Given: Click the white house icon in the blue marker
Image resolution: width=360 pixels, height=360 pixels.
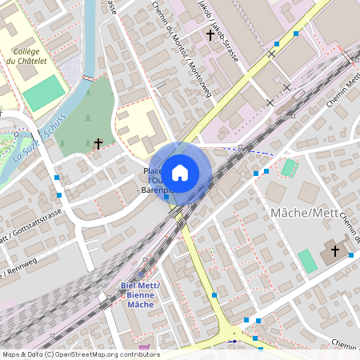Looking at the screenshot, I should (180, 172).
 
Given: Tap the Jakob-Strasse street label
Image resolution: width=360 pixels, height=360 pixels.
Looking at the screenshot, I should (217, 24).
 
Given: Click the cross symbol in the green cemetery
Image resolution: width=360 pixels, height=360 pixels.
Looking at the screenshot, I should (98, 144).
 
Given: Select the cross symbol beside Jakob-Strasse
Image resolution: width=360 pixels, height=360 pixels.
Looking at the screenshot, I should (210, 35).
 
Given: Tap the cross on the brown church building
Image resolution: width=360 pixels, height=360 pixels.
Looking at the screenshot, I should (334, 251).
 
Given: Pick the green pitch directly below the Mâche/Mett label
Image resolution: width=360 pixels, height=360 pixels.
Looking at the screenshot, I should (307, 261).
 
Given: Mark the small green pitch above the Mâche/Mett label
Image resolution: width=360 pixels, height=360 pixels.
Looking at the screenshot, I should (289, 167).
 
